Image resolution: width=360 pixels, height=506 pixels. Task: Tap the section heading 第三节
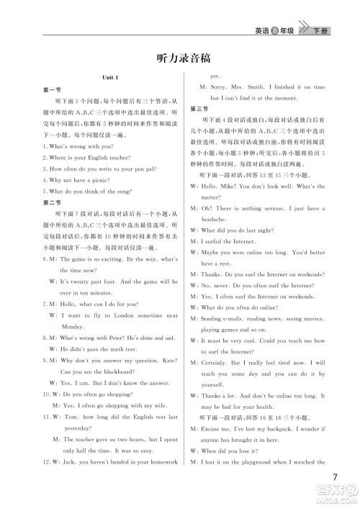[x=199, y=108]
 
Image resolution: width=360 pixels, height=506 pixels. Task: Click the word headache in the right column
[x=214, y=218]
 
